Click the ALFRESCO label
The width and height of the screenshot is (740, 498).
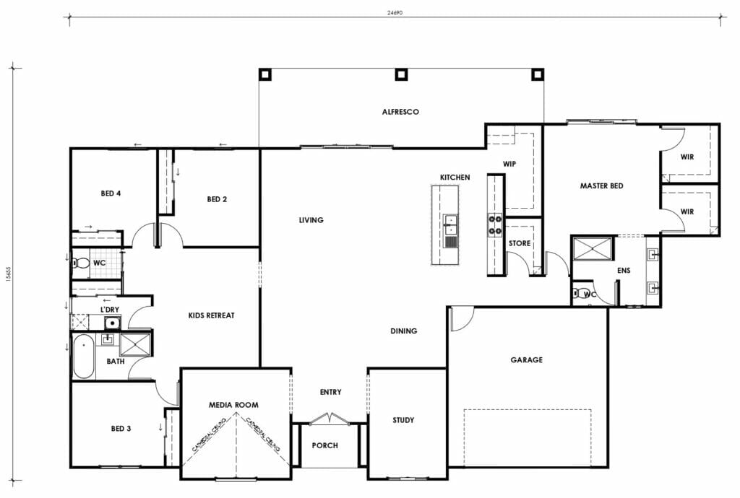pyautogui.click(x=400, y=112)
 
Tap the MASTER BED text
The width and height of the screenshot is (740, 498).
pyautogui.click(x=601, y=186)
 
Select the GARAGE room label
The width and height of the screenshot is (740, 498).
pyautogui.click(x=526, y=359)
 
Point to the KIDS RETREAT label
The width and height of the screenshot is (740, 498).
pyautogui.click(x=211, y=315)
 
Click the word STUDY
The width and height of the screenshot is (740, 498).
pyautogui.click(x=403, y=420)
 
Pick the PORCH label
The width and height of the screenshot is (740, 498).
pyautogui.click(x=324, y=445)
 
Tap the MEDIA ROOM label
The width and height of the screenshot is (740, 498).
pyautogui.click(x=233, y=405)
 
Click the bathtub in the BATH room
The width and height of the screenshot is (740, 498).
pyautogui.click(x=84, y=357)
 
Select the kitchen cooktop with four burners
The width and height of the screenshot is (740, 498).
pyautogui.click(x=496, y=225)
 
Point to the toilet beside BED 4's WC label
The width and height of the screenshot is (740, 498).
pyautogui.click(x=79, y=263)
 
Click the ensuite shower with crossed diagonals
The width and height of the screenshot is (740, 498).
pyautogui.click(x=593, y=248)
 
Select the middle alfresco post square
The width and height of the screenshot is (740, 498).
pyautogui.click(x=401, y=74)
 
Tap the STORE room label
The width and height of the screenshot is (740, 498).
pyautogui.click(x=519, y=243)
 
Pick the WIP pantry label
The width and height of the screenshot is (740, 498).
pyautogui.click(x=509, y=164)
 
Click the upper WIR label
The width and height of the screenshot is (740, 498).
pyautogui.click(x=687, y=157)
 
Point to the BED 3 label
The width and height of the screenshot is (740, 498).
pyautogui.click(x=121, y=429)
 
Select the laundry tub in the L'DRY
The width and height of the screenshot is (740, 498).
pyautogui.click(x=112, y=323)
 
